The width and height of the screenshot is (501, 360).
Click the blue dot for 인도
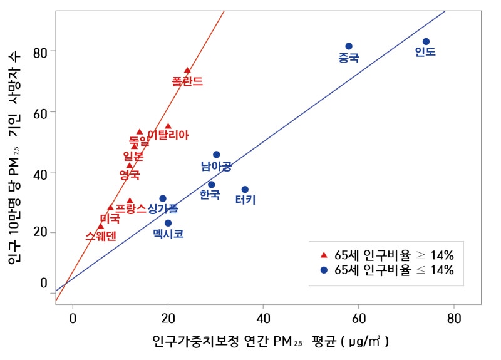pyautogui.click(x=426, y=41)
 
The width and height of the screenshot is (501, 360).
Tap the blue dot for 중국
pyautogui.click(x=349, y=46)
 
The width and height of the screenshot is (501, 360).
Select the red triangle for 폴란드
pyautogui.click(x=187, y=71)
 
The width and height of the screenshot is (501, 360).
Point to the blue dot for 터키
pyautogui.click(x=245, y=189)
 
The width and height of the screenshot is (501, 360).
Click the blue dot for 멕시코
pyautogui.click(x=168, y=223)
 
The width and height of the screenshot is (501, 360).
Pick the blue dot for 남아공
pyautogui.click(x=216, y=155)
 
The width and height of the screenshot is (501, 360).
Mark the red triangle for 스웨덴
pyautogui.click(x=100, y=227)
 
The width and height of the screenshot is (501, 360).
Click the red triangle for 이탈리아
pyautogui.click(x=168, y=126)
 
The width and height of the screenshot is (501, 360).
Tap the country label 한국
pyautogui.click(x=210, y=195)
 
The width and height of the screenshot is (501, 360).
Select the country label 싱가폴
pyautogui.click(x=163, y=209)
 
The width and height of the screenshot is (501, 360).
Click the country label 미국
pyautogui.click(x=110, y=219)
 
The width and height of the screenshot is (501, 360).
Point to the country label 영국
pyautogui.click(x=129, y=175)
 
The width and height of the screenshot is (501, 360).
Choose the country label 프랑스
pyautogui.click(x=130, y=208)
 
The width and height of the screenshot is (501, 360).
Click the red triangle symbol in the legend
pyautogui.click(x=324, y=255)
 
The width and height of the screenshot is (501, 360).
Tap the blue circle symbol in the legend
pyautogui.click(x=324, y=270)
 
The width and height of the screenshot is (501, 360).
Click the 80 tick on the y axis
pyautogui.click(x=40, y=51)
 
